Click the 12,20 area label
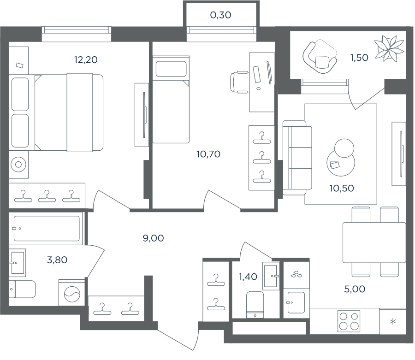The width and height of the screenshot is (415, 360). tap(86, 60)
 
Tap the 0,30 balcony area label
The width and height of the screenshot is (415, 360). tap(220, 15)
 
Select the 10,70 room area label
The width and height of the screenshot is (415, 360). tap(208, 154)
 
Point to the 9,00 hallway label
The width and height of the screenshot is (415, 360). tap(153, 238)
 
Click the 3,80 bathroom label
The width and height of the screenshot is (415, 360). tap(57, 260)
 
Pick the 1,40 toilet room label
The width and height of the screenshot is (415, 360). tap(248, 277)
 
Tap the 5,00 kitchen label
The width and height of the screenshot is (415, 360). tap(355, 289)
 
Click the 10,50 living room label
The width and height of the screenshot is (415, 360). tap(341, 189)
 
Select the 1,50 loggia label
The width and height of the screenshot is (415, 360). tap(359, 58)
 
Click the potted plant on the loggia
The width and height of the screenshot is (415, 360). tap(389, 49)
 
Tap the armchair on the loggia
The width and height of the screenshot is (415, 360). tap(320, 57)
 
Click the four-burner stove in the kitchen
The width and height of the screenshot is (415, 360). tap(349, 321)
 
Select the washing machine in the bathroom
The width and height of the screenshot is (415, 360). tap(71, 293)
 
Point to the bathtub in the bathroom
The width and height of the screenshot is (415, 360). tap(46, 229)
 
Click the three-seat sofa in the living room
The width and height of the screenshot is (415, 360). tap(297, 158)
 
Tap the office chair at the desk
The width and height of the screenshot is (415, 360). tap(240, 82)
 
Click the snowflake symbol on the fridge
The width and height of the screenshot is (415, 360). tap(393, 322)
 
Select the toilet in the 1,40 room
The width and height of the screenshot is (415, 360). tap(255, 304)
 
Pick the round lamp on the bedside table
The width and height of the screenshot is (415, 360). tap(18, 165)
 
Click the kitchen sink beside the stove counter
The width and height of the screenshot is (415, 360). tap(296, 302)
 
